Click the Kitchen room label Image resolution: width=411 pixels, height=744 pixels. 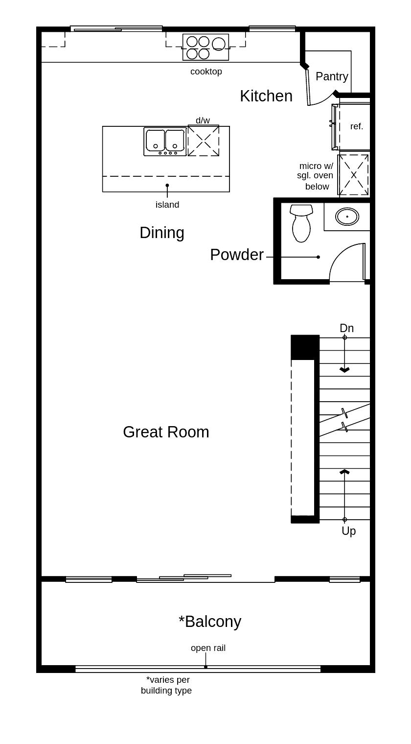(266, 96)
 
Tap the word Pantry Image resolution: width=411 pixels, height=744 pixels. (332, 76)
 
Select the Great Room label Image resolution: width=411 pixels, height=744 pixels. (166, 432)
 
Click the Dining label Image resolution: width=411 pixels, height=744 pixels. (162, 233)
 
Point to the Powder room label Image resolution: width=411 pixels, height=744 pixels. (237, 255)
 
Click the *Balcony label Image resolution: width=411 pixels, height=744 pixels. (210, 622)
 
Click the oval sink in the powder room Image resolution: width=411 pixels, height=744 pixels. (347, 216)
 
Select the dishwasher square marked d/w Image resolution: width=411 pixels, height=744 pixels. (204, 141)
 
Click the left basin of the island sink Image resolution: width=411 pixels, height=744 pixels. (155, 140)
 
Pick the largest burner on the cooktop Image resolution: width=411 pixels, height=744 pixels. (219, 44)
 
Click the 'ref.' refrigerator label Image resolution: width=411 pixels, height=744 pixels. (357, 126)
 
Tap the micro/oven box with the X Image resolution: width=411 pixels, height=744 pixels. (353, 175)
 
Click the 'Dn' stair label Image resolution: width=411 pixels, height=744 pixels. (346, 328)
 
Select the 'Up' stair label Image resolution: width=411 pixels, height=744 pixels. (348, 531)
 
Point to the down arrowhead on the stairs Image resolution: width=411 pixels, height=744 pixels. (344, 370)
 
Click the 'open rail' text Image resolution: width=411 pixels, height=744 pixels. (208, 648)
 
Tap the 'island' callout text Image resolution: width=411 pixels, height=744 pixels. (167, 205)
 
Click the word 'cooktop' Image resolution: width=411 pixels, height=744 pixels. (206, 72)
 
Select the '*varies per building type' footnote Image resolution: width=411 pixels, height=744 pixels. (167, 685)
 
